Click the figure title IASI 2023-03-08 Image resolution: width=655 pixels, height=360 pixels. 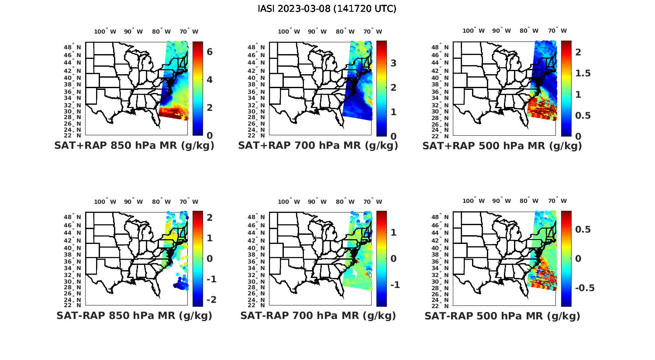click(327, 9)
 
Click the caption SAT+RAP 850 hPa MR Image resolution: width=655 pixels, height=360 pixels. click(134, 146)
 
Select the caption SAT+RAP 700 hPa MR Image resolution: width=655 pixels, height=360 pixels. click(318, 146)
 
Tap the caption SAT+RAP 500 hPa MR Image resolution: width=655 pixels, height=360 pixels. click(502, 146)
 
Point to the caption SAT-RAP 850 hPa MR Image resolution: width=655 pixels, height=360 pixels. click(134, 315)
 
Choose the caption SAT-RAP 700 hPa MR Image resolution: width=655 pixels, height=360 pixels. click(318, 315)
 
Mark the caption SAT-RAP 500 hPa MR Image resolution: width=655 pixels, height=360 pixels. click(502, 315)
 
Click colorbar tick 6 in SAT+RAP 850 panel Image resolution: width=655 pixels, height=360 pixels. click(210, 52)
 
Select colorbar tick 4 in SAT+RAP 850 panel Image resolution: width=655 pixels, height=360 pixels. click(210, 80)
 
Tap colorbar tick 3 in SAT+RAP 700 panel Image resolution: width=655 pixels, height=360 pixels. click(393, 63)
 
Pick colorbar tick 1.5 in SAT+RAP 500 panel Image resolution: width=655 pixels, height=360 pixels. click(583, 73)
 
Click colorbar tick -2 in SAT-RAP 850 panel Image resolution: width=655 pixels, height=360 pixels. click(210, 300)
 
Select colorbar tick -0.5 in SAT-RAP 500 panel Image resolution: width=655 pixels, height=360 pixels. click(584, 288)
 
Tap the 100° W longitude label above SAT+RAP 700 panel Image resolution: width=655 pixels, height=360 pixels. click(289, 31)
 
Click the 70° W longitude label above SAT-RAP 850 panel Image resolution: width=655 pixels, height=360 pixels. click(189, 202)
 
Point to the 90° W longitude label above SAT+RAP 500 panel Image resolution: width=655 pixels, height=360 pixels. click(502, 31)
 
